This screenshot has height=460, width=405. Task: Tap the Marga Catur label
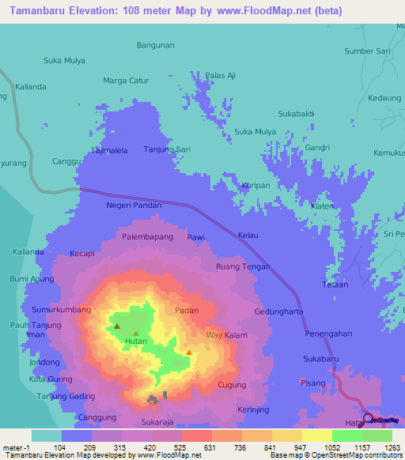click(x=126, y=80)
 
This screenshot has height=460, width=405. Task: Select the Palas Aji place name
click(x=221, y=75)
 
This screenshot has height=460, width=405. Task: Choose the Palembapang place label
click(x=146, y=236)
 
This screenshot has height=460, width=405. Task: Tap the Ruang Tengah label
click(x=243, y=267)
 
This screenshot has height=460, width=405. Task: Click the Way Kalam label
click(x=227, y=336)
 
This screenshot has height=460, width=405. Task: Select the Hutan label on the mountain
click(x=136, y=341)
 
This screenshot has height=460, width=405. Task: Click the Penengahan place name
click(x=327, y=334)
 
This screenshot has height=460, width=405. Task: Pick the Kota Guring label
click(x=50, y=379)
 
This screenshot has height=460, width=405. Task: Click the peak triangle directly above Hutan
click(x=135, y=333)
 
